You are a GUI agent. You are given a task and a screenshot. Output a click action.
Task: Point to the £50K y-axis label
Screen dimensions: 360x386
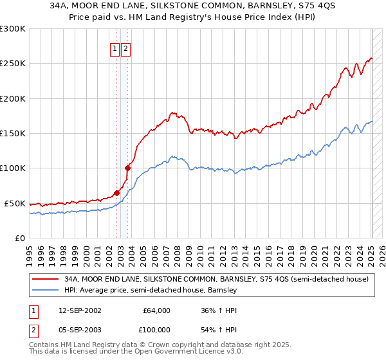pyautogui.click(x=14, y=203)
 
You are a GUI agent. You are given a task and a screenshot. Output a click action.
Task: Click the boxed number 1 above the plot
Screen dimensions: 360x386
pyautogui.click(x=115, y=49)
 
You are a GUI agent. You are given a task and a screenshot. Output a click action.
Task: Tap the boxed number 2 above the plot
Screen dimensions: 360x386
pyautogui.click(x=125, y=49)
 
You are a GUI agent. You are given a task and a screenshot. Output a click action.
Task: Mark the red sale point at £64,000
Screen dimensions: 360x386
pyautogui.click(x=117, y=193)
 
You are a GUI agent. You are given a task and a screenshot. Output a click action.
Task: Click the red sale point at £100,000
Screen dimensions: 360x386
pyautogui.click(x=128, y=168)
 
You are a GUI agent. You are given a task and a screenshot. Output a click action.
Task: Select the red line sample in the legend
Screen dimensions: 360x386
pyautogui.click(x=46, y=280)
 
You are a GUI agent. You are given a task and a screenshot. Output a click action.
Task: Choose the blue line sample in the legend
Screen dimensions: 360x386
pyautogui.click(x=46, y=291)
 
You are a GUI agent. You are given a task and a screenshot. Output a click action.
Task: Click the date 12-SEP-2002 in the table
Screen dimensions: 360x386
pyautogui.click(x=78, y=310)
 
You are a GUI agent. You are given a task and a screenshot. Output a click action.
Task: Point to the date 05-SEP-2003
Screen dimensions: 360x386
pyautogui.click(x=78, y=329)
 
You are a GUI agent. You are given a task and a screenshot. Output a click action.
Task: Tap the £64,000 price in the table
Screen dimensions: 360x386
pyautogui.click(x=156, y=310)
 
